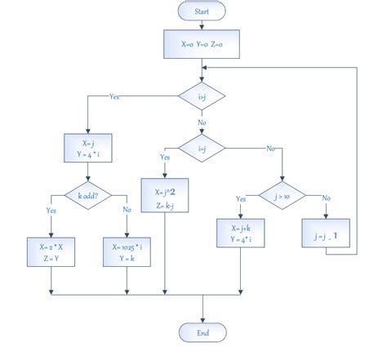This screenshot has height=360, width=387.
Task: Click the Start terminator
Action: pyautogui.click(x=202, y=11)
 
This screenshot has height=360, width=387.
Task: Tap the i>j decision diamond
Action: pyautogui.click(x=202, y=96)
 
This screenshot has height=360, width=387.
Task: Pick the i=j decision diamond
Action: pyautogui.click(x=202, y=149)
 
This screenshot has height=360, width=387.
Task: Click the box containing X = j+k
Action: pyautogui.click(x=239, y=233)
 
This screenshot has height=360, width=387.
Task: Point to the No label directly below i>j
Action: pyautogui.click(x=201, y=122)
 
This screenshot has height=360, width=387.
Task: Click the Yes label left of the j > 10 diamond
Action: pyautogui.click(x=240, y=199)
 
